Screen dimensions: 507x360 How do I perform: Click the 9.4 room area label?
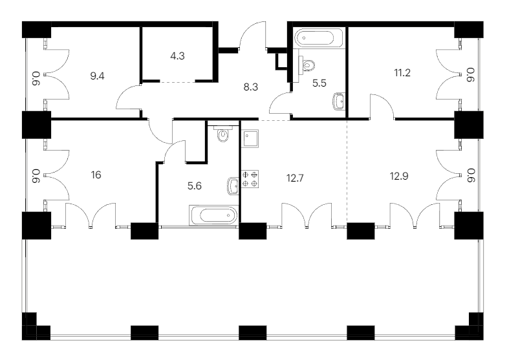point(97,76)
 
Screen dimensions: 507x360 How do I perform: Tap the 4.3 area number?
point(177,56)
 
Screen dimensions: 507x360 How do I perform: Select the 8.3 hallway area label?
point(251,87)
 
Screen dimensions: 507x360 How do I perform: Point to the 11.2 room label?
point(402,73)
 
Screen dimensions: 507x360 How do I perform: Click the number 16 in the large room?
point(96,175)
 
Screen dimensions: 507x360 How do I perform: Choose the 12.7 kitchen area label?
point(295,178)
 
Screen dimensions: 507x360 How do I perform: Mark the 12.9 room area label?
point(399,176)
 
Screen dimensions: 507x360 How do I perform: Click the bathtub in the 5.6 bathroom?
point(214,215)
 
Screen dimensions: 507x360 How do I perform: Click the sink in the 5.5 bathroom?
point(339,101)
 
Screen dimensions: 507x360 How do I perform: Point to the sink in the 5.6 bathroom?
point(233,186)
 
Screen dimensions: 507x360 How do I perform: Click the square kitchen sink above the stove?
point(250,138)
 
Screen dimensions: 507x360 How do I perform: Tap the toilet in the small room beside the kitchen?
point(223,134)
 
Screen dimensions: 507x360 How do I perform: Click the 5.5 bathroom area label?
point(319,83)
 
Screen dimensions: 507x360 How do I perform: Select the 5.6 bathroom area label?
point(195,186)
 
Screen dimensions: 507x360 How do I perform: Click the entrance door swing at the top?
point(252,35)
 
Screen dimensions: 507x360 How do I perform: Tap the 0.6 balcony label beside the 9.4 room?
point(36,79)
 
